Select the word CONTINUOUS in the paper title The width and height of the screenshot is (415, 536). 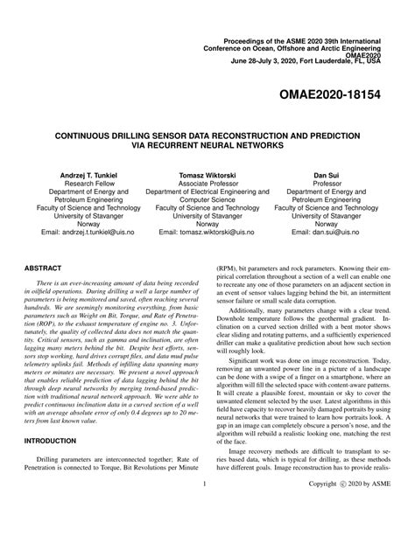click(x=89, y=137)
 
